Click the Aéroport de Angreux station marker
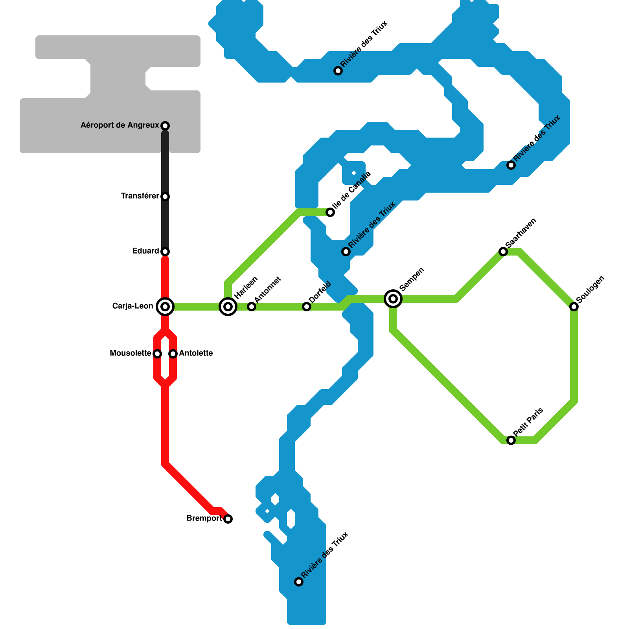pyautogui.click(x=165, y=126)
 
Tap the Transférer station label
pyautogui.click(x=140, y=196)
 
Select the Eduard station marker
pyautogui.click(x=165, y=252)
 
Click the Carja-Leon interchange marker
pyautogui.click(x=165, y=307)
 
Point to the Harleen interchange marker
pyautogui.click(x=228, y=307)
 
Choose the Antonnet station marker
pyautogui.click(x=252, y=307)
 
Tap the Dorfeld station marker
pyautogui.click(x=307, y=307)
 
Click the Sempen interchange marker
pyautogui.click(x=393, y=299)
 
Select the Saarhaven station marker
pyautogui.click(x=503, y=252)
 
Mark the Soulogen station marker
pyautogui.click(x=574, y=307)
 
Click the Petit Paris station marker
pyautogui.click(x=511, y=440)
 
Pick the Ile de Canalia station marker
pyautogui.click(x=330, y=212)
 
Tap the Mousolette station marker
pyautogui.click(x=157, y=354)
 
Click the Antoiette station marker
pyautogui.click(x=173, y=354)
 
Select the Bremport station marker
pyautogui.click(x=228, y=519)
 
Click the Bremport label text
pyautogui.click(x=204, y=519)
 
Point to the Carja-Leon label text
pyautogui.click(x=132, y=306)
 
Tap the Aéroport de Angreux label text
pyautogui.click(x=120, y=125)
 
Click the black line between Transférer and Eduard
pyautogui.click(x=165, y=224)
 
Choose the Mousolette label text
pyautogui.click(x=131, y=353)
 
